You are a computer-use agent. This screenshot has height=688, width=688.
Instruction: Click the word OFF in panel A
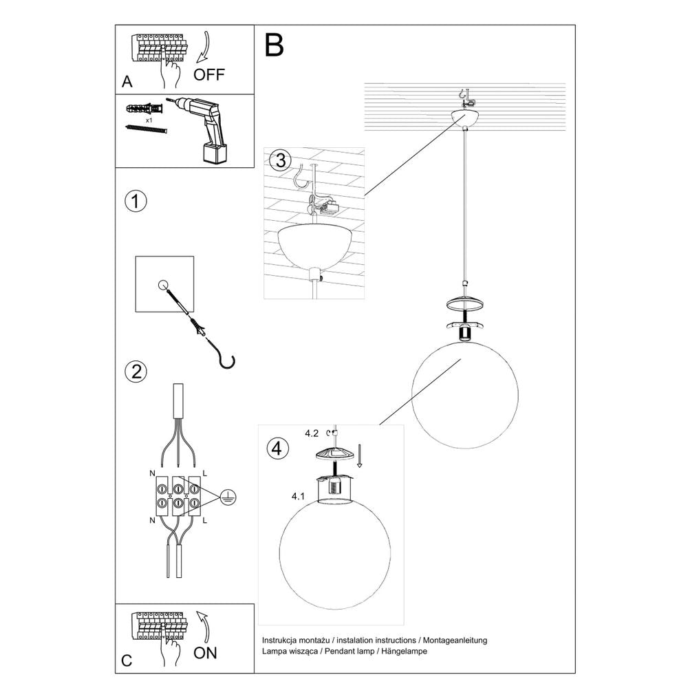pyautogui.click(x=208, y=74)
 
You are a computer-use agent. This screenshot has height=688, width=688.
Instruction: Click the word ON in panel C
pyautogui.click(x=205, y=653)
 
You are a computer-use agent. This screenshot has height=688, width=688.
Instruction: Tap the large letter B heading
pyautogui.click(x=273, y=45)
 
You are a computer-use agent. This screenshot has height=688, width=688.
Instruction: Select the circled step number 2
pyautogui.click(x=136, y=372)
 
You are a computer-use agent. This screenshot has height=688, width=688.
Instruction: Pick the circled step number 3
pyautogui.click(x=279, y=161)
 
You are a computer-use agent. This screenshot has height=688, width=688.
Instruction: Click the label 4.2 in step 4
pyautogui.click(x=312, y=433)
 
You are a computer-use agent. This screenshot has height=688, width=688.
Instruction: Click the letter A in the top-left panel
pyautogui.click(x=127, y=82)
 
